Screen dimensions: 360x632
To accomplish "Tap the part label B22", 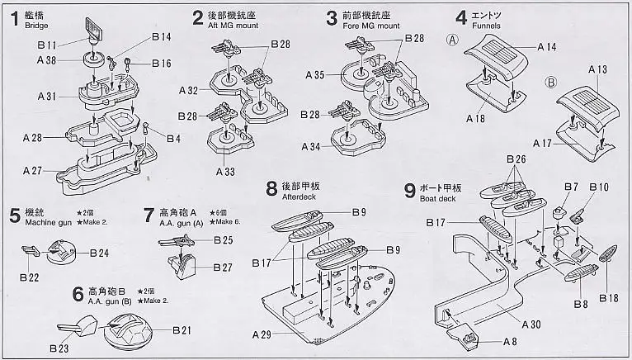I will click(x=30, y=277).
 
